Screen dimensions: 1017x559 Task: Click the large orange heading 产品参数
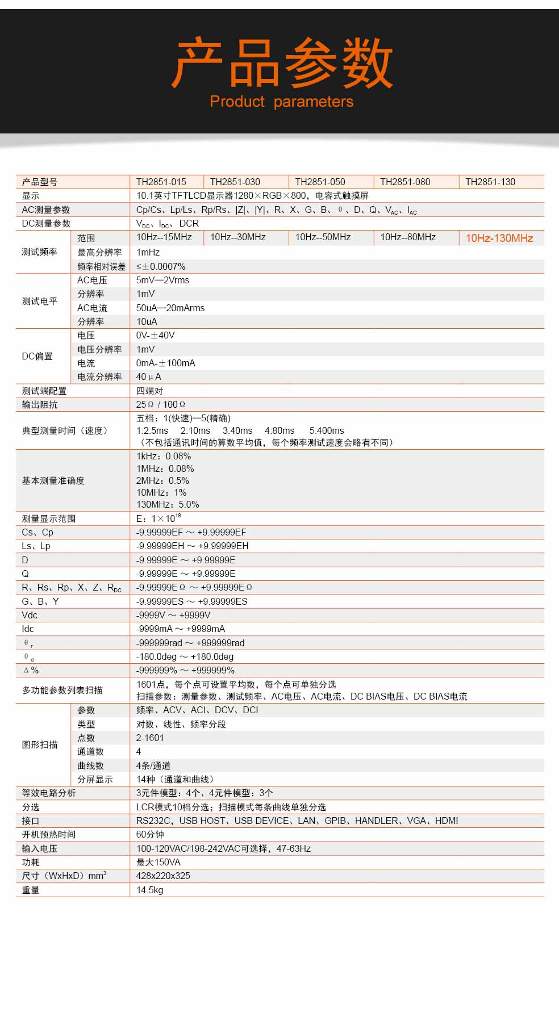point(282,63)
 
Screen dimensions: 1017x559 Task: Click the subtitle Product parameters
point(281,102)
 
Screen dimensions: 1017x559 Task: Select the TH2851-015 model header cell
point(161,182)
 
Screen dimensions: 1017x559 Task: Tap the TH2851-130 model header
point(490,182)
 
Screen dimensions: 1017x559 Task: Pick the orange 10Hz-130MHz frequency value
point(499,238)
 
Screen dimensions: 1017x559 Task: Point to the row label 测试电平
point(40,302)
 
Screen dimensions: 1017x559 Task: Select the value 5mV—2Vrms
point(163,281)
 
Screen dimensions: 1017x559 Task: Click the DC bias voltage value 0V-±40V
point(156,336)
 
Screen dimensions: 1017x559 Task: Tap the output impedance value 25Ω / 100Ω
point(161,405)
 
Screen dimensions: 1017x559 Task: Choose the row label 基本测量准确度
point(53,481)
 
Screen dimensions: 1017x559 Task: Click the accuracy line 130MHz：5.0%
point(168,505)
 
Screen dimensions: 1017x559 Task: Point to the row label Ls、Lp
point(36,546)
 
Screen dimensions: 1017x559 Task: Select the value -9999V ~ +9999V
point(173,616)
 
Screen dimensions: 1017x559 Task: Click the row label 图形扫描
point(40,745)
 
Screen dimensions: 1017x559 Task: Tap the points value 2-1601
point(150,738)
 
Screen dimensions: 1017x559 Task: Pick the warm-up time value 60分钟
point(150,835)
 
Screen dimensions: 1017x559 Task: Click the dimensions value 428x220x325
point(163,876)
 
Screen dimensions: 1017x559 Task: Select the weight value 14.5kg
point(149,890)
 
